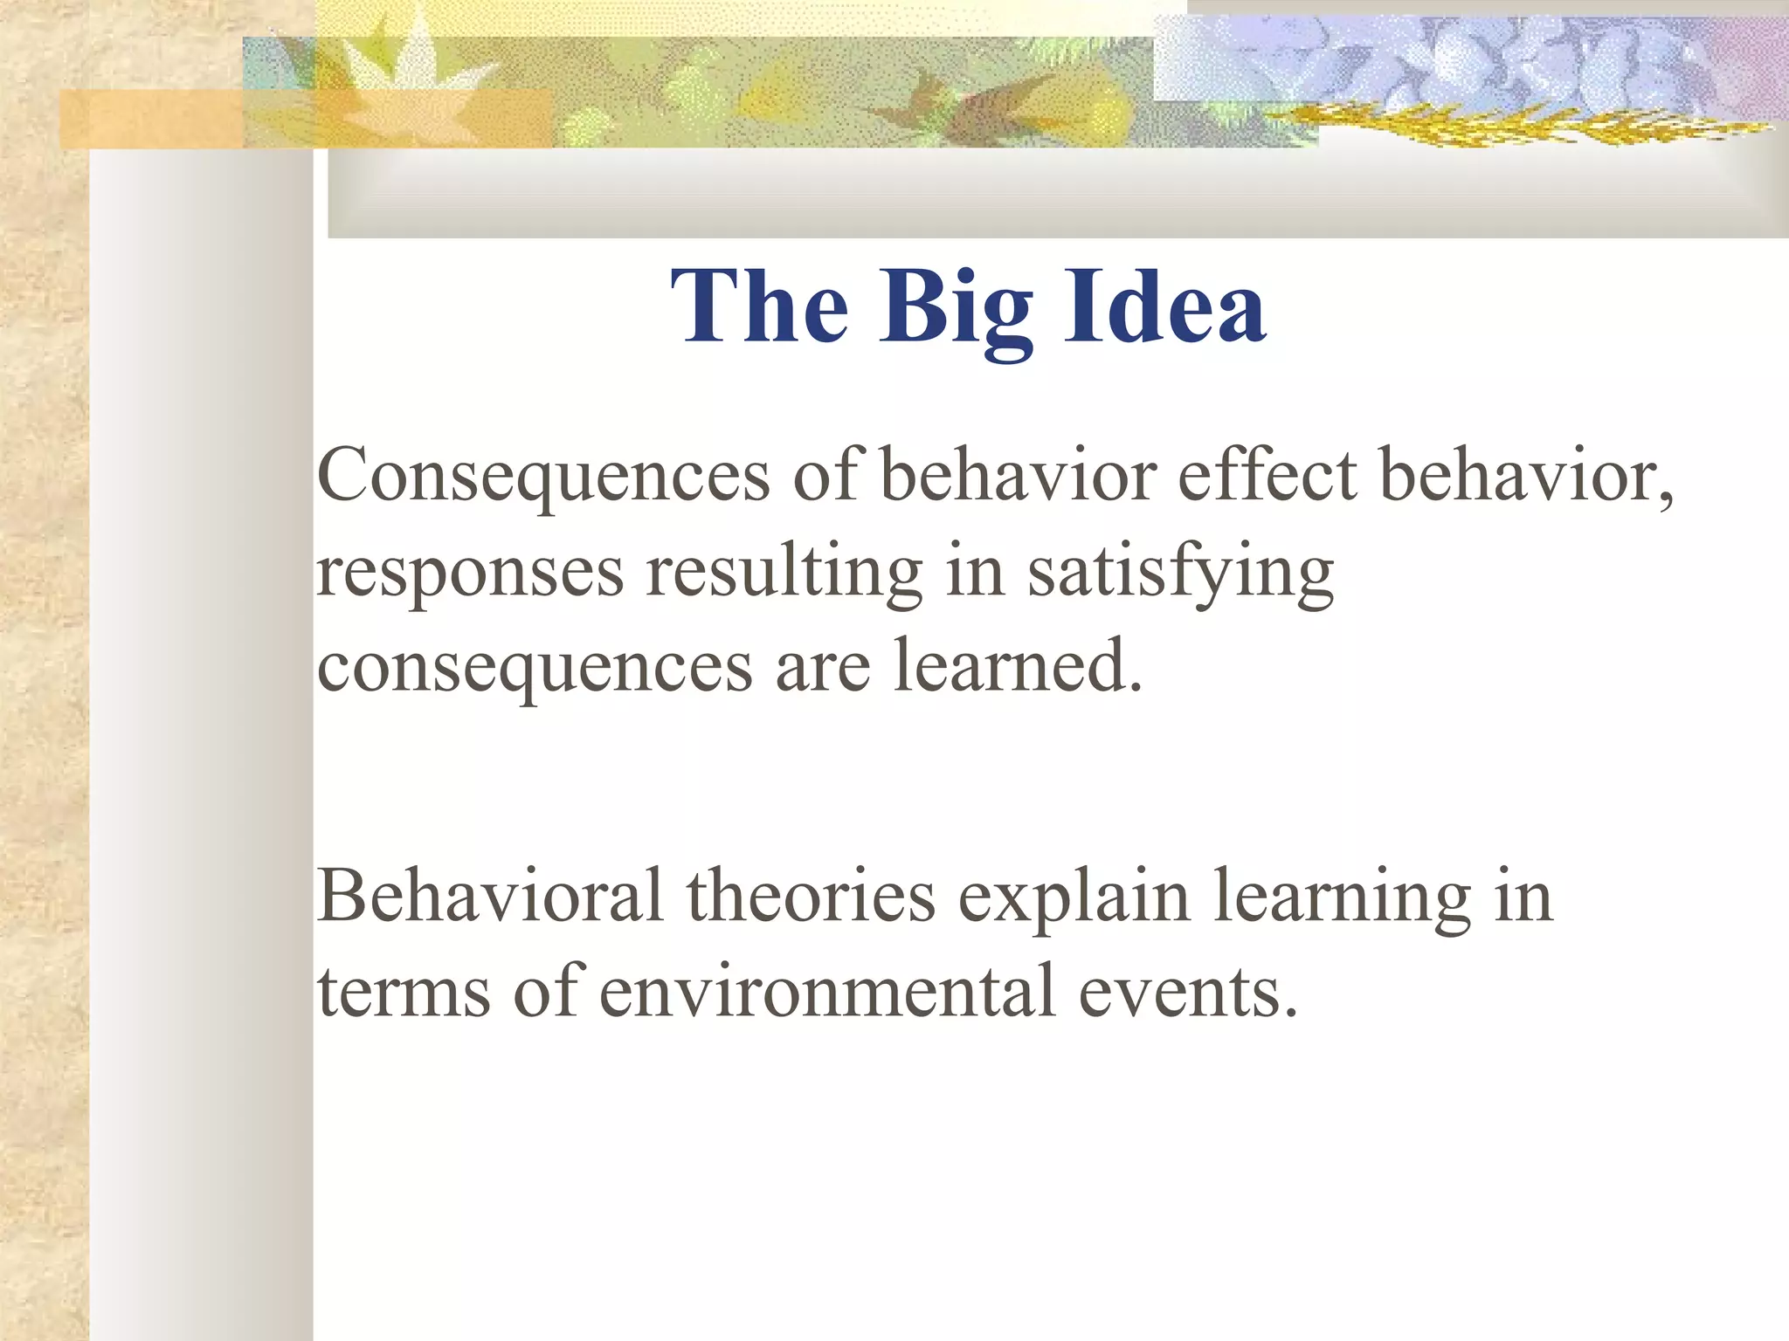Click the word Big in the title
pos(956,307)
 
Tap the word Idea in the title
pos(1164,306)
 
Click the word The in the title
pos(760,306)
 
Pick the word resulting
pos(784,572)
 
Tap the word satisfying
pos(1180,572)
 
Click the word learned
pos(1018,666)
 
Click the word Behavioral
pos(489,896)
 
